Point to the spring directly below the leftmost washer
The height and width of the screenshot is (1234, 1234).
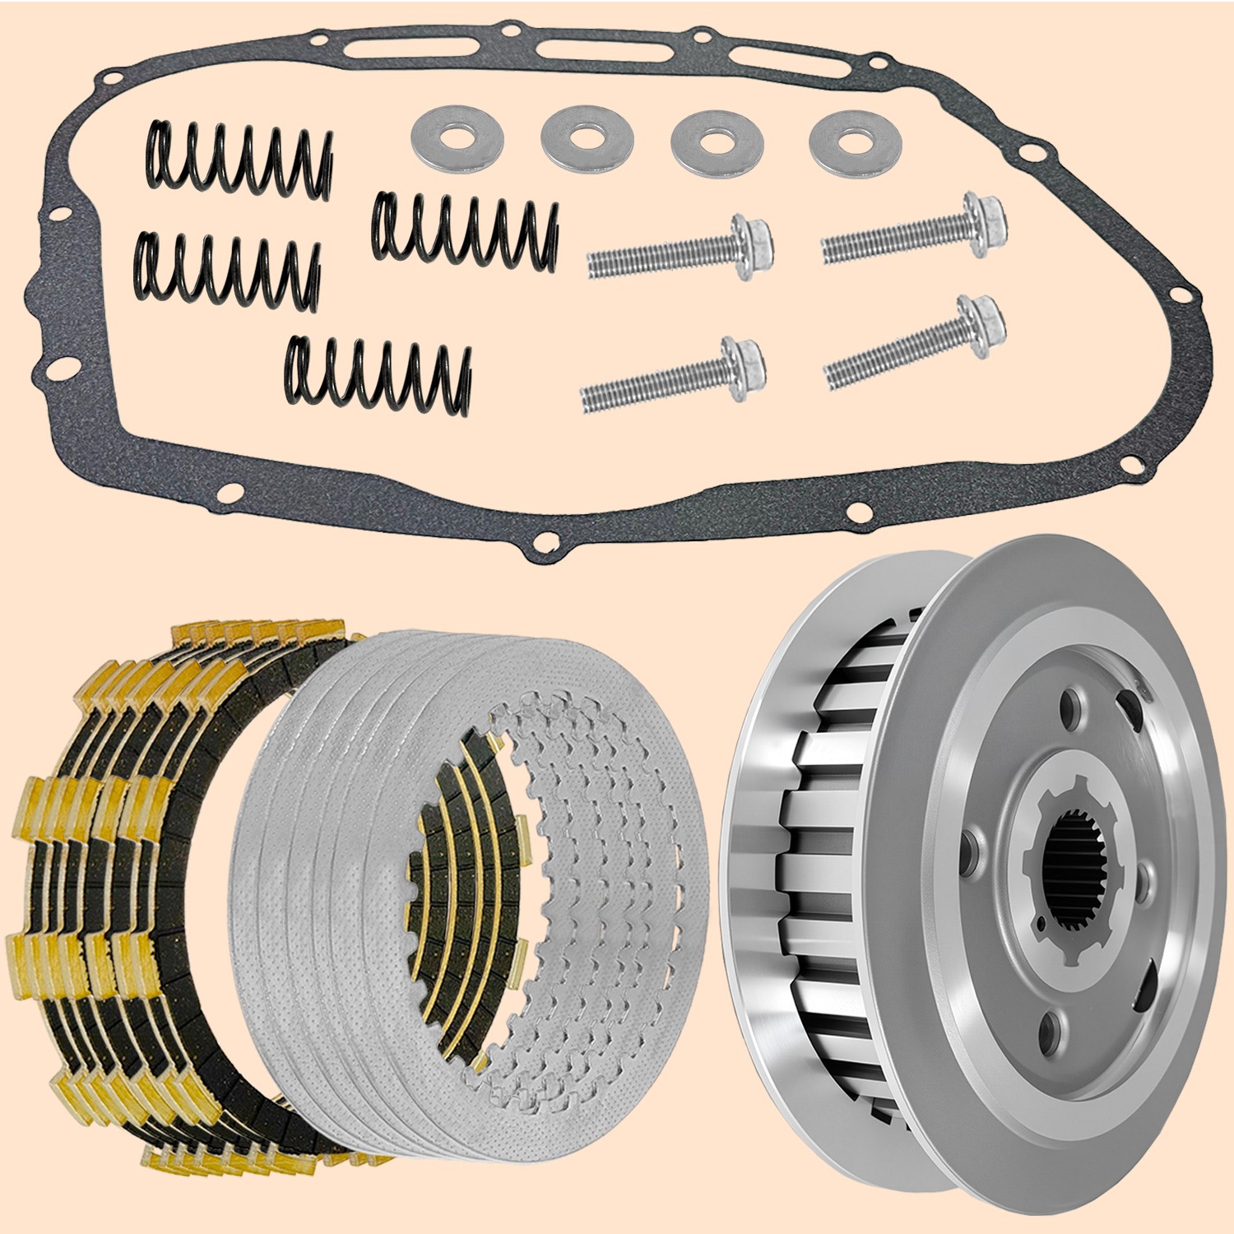[x=466, y=226]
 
